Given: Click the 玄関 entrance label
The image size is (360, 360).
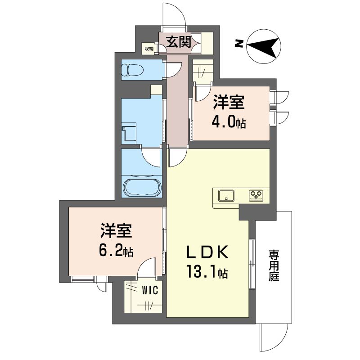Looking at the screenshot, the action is (179, 42).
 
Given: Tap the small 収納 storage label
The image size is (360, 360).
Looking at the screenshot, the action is (149, 49).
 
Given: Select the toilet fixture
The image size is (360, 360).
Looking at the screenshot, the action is (132, 70).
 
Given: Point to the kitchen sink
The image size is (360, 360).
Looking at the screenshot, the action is (226, 196).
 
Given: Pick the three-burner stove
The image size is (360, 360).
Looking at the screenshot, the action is (256, 196).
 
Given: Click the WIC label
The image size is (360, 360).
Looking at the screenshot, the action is (150, 290).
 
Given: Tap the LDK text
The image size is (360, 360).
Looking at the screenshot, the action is (207, 252).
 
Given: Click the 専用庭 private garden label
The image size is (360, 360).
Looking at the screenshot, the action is (274, 265).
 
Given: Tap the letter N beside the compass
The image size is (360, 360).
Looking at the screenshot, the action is (239, 44).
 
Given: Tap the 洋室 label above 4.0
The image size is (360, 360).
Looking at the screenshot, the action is (229, 103).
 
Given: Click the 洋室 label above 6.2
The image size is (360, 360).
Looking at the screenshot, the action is (116, 230).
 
